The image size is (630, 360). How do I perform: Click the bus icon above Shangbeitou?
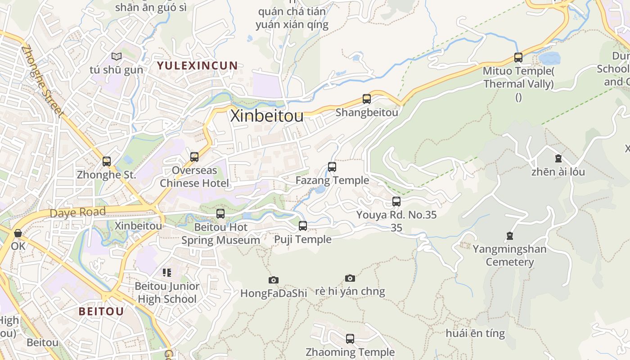tap(367, 99)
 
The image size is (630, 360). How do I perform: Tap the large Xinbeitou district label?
tap(267, 116)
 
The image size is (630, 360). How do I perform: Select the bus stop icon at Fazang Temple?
tap(332, 167)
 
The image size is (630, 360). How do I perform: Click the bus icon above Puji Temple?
tap(303, 226)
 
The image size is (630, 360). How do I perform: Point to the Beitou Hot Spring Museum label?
tap(220, 234)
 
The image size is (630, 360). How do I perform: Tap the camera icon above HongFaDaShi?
tap(273, 280)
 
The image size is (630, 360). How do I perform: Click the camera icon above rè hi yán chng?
tap(350, 278)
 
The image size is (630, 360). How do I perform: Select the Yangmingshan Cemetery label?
tap(509, 256)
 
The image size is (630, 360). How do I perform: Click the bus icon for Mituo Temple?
tap(518, 58)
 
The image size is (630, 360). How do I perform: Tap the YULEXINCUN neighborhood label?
tap(197, 65)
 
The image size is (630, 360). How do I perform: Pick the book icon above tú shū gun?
tap(117, 57)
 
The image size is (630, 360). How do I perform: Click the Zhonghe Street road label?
tap(43, 81)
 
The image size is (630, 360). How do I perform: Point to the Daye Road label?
tap(78, 212)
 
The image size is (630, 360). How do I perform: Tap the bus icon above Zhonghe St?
tap(107, 162)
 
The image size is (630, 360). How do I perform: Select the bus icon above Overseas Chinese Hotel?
tap(194, 157)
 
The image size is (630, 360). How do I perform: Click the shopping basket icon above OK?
tap(18, 233)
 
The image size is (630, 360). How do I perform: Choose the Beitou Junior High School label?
tap(167, 292)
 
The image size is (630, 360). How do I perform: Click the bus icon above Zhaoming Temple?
tap(350, 339)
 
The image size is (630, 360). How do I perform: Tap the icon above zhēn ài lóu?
tap(558, 158)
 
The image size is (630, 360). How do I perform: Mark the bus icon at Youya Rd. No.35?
tap(396, 202)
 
